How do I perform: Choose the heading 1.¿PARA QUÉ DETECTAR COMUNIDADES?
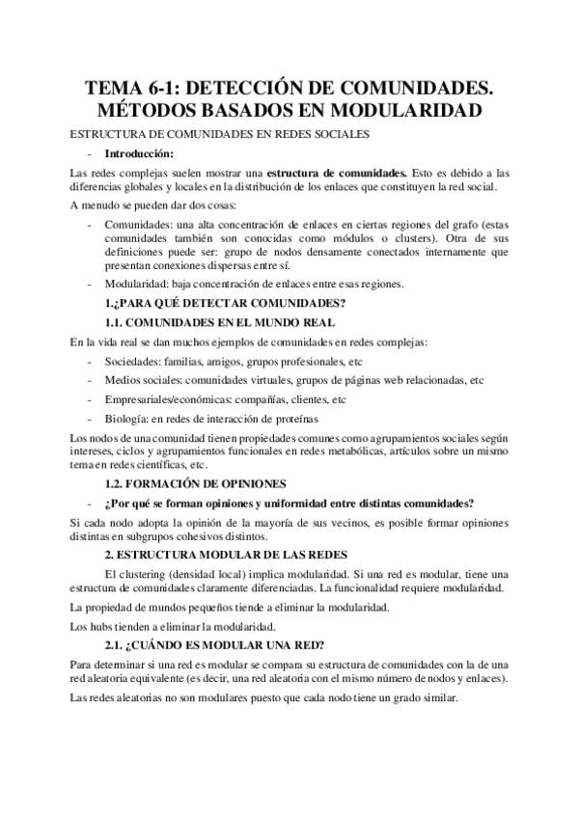click(225, 304)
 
